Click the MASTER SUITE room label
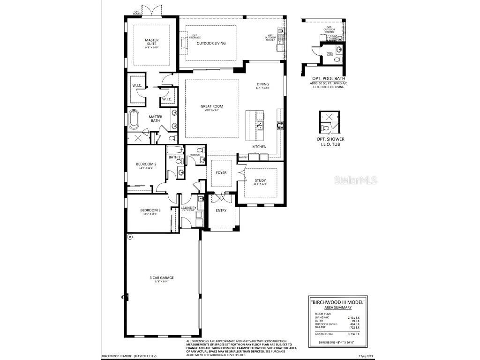tap(151, 42)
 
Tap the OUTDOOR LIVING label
tap(211, 43)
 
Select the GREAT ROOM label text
tap(212, 106)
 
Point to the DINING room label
tap(262, 84)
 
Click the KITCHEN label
tap(259, 147)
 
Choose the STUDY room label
tap(260, 180)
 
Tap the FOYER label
tap(221, 172)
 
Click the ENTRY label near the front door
tap(221, 210)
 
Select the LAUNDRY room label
tap(188, 208)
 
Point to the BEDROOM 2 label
tap(146, 164)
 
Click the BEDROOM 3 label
tap(150, 210)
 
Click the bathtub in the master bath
tap(134, 120)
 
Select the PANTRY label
tap(243, 157)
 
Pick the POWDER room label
tap(195, 155)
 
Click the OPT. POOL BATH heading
tap(329, 79)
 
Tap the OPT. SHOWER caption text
tap(330, 139)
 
